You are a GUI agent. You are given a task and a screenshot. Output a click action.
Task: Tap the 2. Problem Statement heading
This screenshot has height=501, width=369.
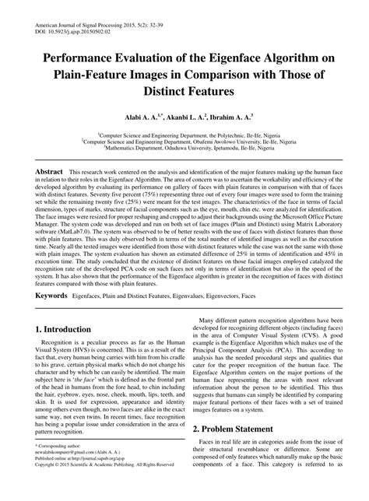pyautogui.click(x=246, y=429)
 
